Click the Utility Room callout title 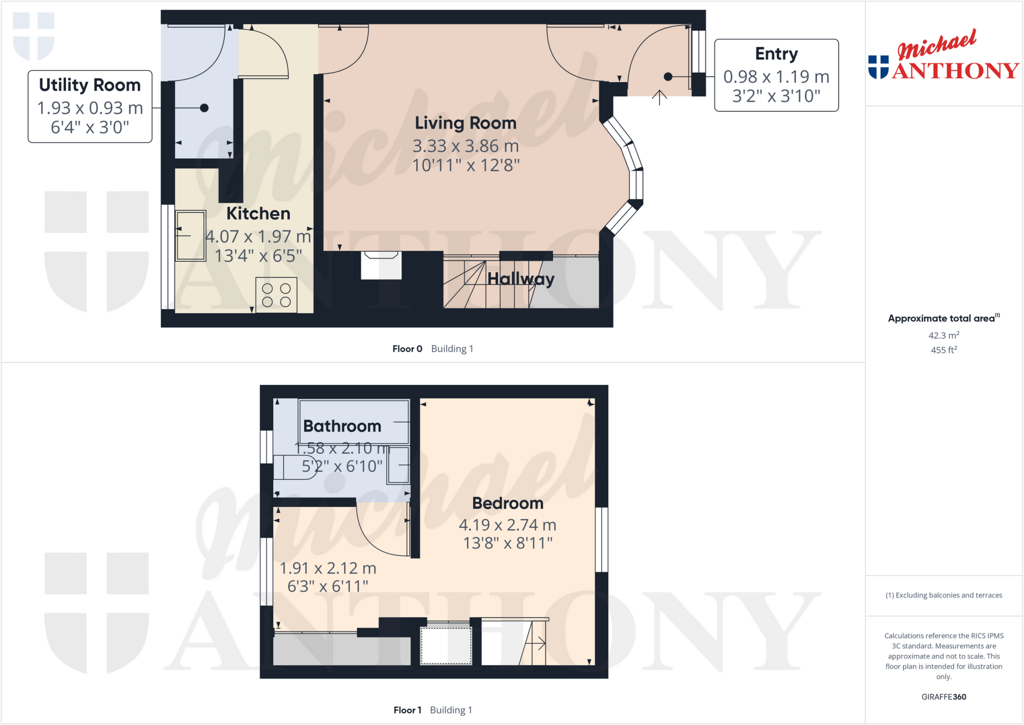[90, 85]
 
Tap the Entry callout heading [776, 54]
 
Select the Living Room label [465, 123]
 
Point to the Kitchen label [258, 214]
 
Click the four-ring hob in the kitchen [276, 295]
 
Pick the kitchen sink [190, 236]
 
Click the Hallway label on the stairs [520, 279]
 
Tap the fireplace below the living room [381, 265]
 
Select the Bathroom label [342, 426]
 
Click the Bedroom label [507, 503]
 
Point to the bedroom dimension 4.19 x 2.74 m [507, 525]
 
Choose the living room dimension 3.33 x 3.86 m [465, 146]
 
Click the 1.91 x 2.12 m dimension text [327, 568]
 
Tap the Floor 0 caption [407, 349]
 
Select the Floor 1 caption [407, 710]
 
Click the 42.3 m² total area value [943, 335]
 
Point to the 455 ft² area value [943, 350]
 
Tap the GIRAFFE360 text [943, 696]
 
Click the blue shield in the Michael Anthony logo [878, 67]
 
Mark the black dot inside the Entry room [668, 77]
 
